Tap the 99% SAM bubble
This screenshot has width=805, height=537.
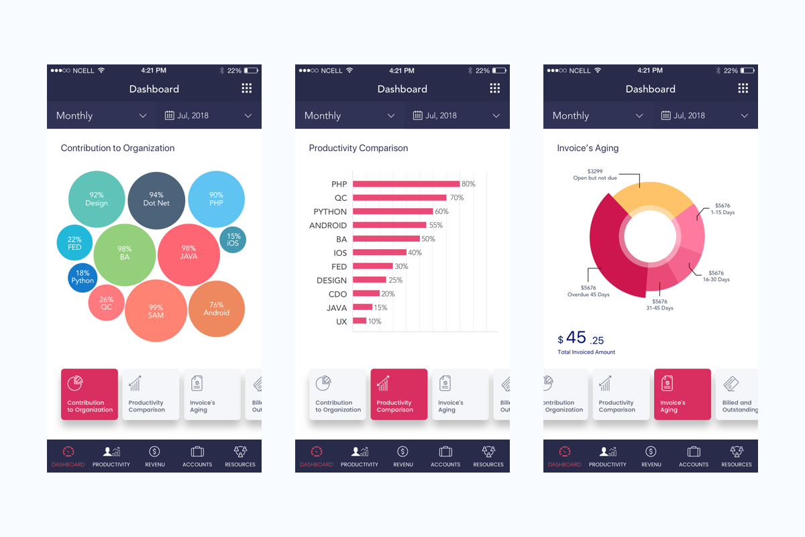(156, 311)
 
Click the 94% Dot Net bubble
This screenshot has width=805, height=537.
(156, 199)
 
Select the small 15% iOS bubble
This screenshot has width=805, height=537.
(233, 240)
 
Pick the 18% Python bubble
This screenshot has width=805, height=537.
(83, 277)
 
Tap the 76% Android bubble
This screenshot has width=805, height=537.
(216, 309)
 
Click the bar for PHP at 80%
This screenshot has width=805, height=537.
(406, 184)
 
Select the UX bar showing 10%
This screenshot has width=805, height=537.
(360, 322)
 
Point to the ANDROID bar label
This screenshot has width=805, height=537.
(328, 226)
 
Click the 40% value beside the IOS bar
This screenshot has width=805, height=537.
(415, 253)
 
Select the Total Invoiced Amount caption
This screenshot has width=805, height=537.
(586, 352)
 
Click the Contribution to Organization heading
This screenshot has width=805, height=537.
(117, 148)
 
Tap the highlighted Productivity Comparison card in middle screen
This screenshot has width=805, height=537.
(398, 395)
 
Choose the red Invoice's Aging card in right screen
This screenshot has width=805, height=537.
(682, 395)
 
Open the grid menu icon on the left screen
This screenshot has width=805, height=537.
(247, 89)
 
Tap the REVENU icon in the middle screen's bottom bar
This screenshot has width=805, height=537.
(402, 456)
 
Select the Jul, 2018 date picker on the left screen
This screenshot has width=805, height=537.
(208, 115)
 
